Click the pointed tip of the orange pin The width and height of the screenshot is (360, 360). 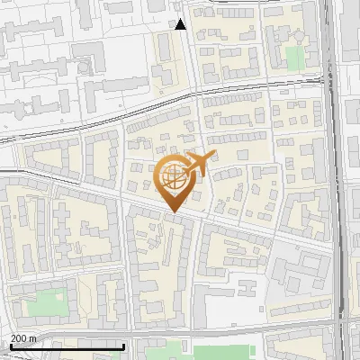(173, 212)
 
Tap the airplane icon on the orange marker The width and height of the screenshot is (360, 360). (196, 165)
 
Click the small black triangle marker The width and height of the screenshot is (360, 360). (181, 24)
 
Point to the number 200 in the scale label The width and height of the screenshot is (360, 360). (20, 338)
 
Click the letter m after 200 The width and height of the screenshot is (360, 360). (34, 338)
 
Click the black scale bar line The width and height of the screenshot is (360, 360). (67, 346)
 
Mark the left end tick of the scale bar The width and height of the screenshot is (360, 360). (10, 345)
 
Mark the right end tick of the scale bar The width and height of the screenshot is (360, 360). (124, 345)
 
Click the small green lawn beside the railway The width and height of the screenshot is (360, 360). (295, 57)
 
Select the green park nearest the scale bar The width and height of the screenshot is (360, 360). (46, 304)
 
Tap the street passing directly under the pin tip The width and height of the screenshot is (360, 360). (173, 216)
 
